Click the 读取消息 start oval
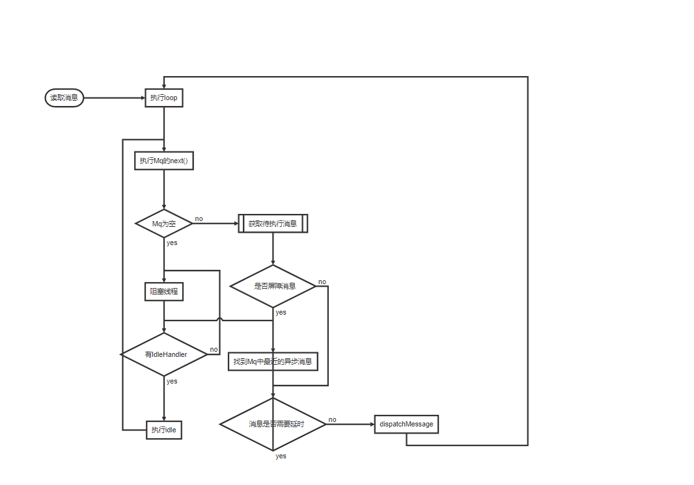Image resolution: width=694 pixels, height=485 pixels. pos(64,98)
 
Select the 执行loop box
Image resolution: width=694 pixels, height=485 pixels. pos(163,98)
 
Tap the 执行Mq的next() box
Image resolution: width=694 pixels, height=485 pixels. pos(163,161)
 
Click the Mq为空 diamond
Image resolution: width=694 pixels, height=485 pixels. pos(163,224)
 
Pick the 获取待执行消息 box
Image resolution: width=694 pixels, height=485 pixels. pos(273,224)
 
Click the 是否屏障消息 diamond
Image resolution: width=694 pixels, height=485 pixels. pos(273,286)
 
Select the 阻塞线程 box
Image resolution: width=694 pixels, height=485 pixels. pos(163,292)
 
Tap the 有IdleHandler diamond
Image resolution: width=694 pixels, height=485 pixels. pos(163,354)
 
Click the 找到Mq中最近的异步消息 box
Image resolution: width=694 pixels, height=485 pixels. pos(273,361)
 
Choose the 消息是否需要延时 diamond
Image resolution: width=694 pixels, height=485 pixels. pos(273,424)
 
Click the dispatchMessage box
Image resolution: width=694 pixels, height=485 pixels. pos(406,424)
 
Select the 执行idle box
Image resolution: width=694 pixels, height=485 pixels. pos(163,430)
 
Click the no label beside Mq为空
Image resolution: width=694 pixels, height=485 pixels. pos(199,218)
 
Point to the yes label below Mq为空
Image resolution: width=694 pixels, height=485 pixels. pos(172,242)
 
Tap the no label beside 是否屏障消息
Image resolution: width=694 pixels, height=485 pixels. pos(322,282)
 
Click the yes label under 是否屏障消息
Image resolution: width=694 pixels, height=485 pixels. pos(281,312)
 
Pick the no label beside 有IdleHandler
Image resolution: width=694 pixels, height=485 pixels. pos(214,349)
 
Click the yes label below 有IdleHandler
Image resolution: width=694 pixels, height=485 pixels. pos(172,381)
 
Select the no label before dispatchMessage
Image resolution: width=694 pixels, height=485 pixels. pos(333,419)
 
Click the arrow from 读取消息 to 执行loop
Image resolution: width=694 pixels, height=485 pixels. pos(114,98)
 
